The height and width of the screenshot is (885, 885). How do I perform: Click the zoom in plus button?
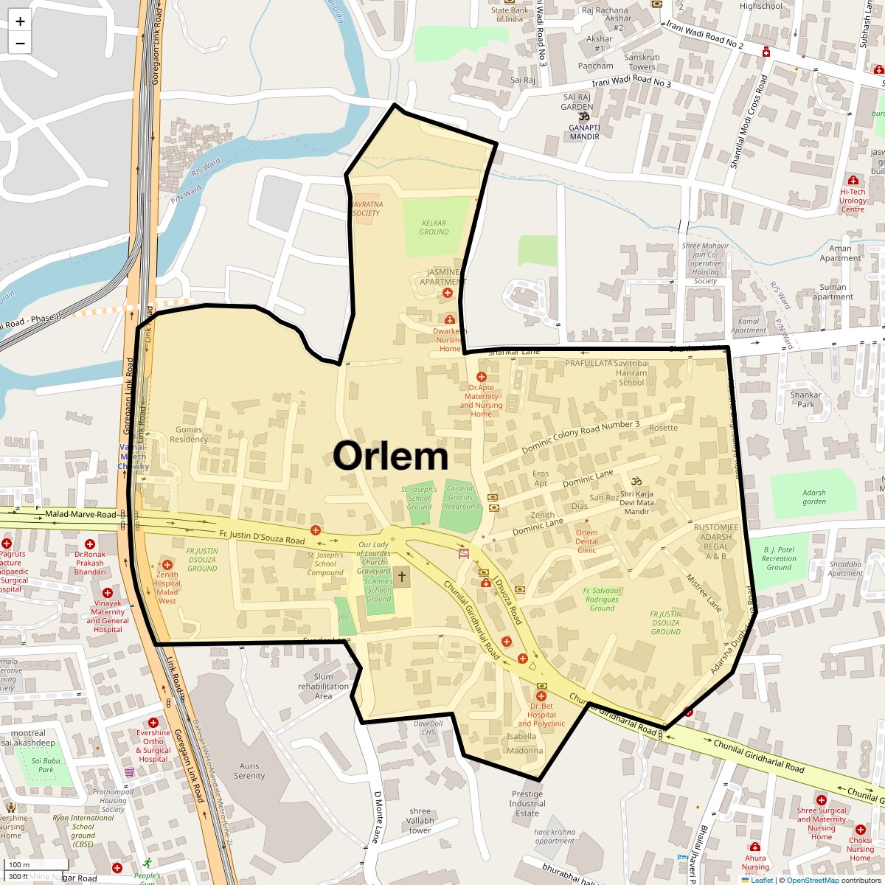[x=20, y=21]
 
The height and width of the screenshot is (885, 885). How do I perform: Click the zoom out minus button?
[x=20, y=44]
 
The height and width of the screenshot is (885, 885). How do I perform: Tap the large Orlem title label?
[x=390, y=456]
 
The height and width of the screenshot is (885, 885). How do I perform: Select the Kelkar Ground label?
[x=434, y=227]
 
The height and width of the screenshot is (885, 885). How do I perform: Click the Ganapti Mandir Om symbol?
[x=583, y=117]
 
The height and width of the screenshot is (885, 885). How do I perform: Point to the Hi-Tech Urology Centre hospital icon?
[x=853, y=180]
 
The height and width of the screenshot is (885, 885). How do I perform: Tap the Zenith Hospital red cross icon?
[x=167, y=564]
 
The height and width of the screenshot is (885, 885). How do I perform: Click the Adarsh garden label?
[x=814, y=497]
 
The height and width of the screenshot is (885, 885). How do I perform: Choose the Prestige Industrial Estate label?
[x=527, y=804]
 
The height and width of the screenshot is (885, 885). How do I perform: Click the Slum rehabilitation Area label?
[x=324, y=686]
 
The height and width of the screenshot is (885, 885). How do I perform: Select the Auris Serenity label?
[x=249, y=771]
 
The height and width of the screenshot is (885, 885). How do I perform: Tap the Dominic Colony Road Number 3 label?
[x=581, y=438]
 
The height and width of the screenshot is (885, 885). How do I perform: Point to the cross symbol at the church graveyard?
[x=402, y=576]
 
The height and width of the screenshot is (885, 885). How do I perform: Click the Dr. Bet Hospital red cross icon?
[x=541, y=696]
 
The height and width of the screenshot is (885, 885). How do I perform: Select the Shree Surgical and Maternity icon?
[x=822, y=799]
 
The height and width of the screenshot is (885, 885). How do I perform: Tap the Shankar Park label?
[x=806, y=399]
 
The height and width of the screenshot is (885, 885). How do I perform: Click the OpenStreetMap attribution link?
[x=812, y=880]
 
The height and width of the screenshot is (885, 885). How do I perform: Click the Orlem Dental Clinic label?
[x=587, y=541]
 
